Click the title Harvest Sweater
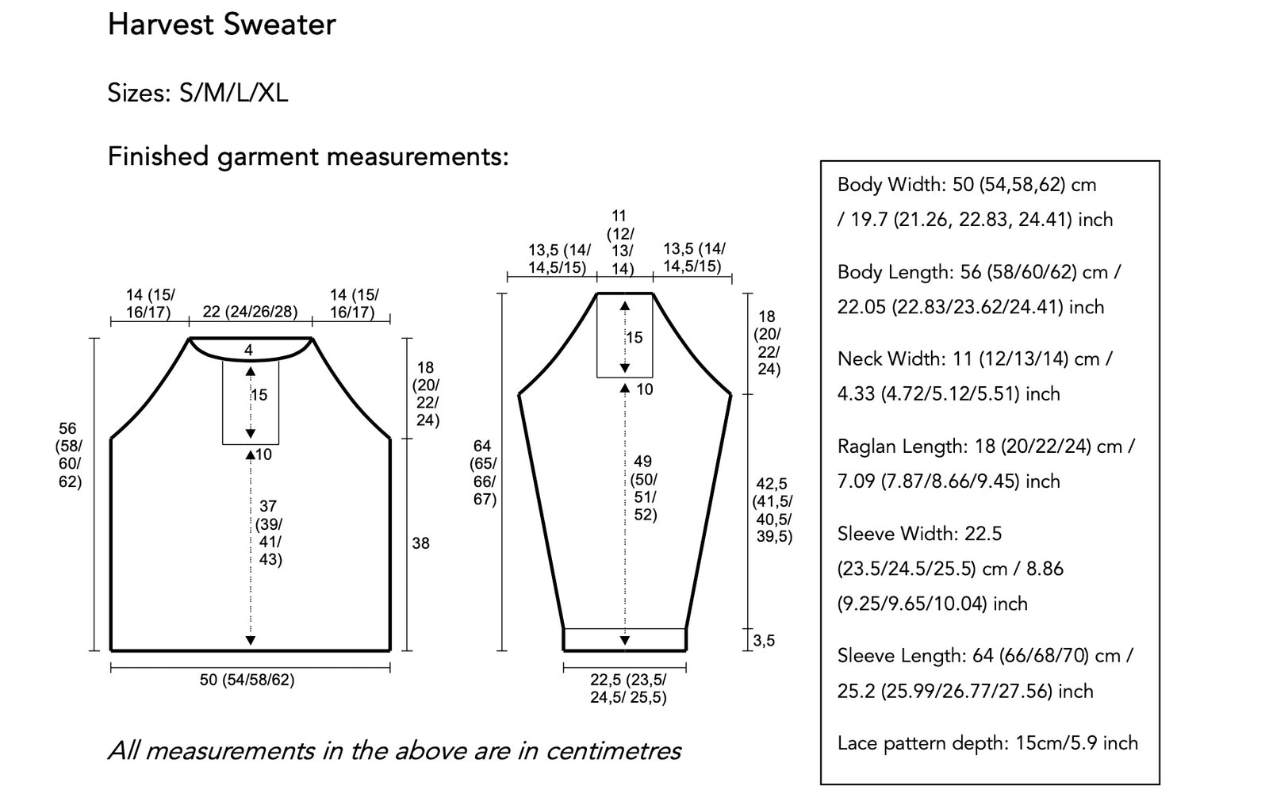[221, 25]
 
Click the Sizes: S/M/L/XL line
[197, 93]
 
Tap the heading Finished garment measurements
[309, 157]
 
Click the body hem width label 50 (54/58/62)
[247, 679]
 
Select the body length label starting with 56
[69, 455]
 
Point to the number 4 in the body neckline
[248, 351]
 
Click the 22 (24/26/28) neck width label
[250, 312]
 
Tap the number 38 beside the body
[420, 543]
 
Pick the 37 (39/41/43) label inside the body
[269, 532]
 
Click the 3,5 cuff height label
[764, 641]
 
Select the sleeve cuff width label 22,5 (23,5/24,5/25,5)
[628, 688]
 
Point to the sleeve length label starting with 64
[483, 473]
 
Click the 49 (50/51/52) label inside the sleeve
[644, 488]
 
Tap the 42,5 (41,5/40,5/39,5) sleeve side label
[773, 510]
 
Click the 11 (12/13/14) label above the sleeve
[620, 243]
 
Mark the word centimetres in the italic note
[614, 751]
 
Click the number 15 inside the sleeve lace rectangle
[634, 338]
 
